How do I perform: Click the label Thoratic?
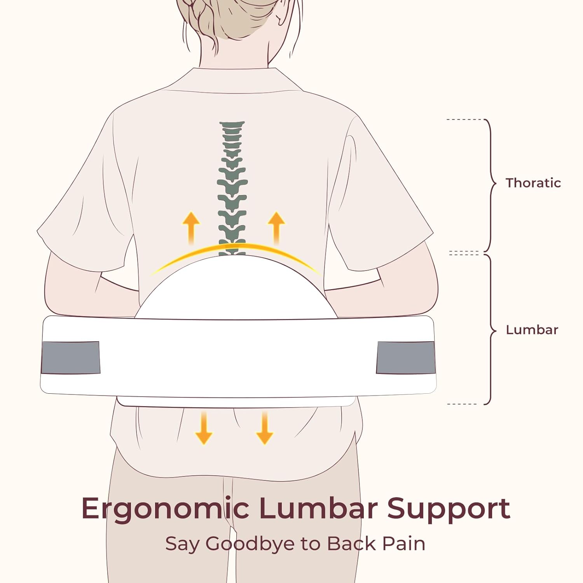click(x=533, y=183)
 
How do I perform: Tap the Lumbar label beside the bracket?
click(x=532, y=330)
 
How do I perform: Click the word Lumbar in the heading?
click(x=318, y=508)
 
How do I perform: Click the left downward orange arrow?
click(x=204, y=428)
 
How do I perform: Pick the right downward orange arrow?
click(x=265, y=428)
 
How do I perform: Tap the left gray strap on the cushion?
click(x=70, y=358)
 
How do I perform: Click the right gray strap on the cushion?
click(x=406, y=358)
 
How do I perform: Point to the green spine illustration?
click(x=232, y=189)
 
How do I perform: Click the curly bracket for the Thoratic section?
click(x=490, y=185)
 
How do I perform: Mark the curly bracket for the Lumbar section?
click(x=490, y=330)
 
